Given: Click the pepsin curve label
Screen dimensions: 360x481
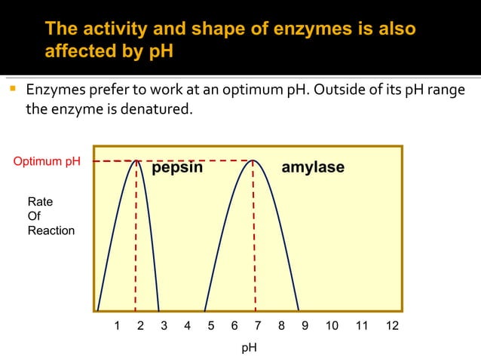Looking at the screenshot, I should click(177, 168).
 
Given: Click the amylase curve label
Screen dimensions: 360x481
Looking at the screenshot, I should click(313, 168).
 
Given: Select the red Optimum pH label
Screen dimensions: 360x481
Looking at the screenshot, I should click(47, 161).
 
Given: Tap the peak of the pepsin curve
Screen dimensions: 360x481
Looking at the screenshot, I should click(136, 160).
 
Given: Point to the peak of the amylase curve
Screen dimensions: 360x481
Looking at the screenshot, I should click(254, 160).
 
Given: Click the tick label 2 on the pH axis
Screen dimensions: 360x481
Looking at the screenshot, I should click(140, 326).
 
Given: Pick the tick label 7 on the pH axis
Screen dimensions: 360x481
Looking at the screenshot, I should click(258, 326).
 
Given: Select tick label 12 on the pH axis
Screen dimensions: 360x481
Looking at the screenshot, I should click(391, 326).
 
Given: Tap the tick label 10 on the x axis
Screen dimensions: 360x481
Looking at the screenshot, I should click(331, 326).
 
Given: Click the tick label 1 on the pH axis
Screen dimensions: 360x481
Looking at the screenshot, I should click(117, 326).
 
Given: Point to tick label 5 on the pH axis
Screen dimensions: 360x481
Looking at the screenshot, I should click(210, 326).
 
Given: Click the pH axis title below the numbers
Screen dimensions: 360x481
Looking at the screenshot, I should click(249, 348).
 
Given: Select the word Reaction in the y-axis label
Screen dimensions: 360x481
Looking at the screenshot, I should click(51, 230).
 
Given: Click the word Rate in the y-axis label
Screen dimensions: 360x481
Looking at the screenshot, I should click(40, 203).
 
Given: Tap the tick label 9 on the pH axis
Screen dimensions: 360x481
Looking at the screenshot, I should click(305, 326).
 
